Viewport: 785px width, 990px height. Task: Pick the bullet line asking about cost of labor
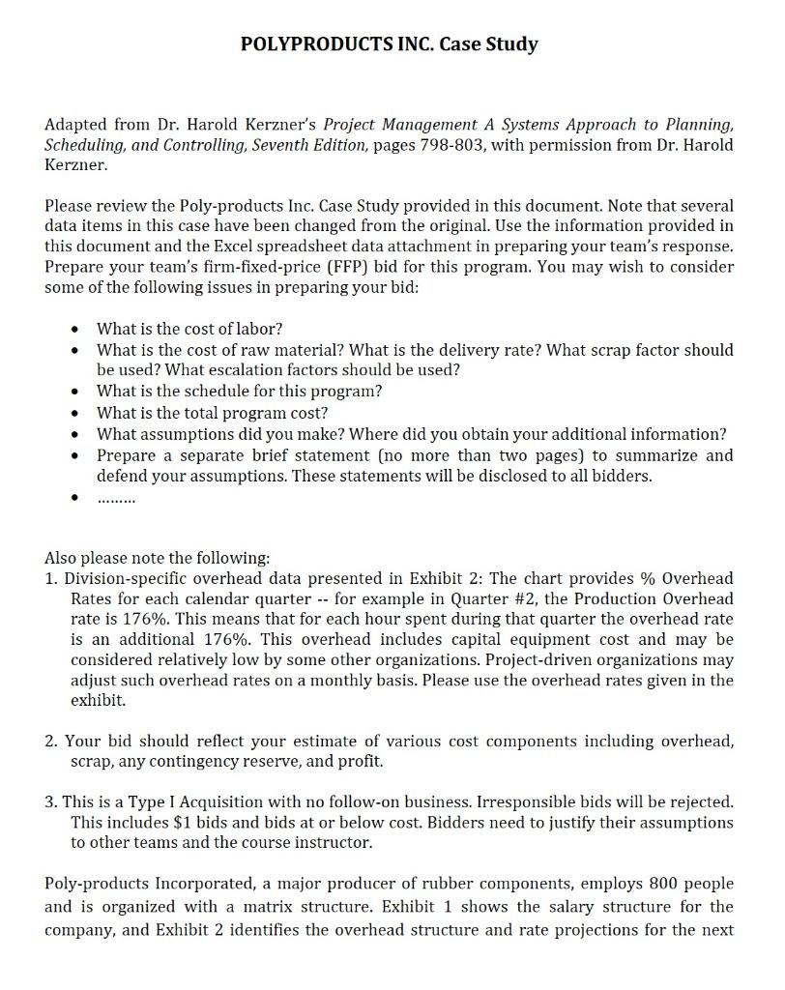point(189,330)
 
